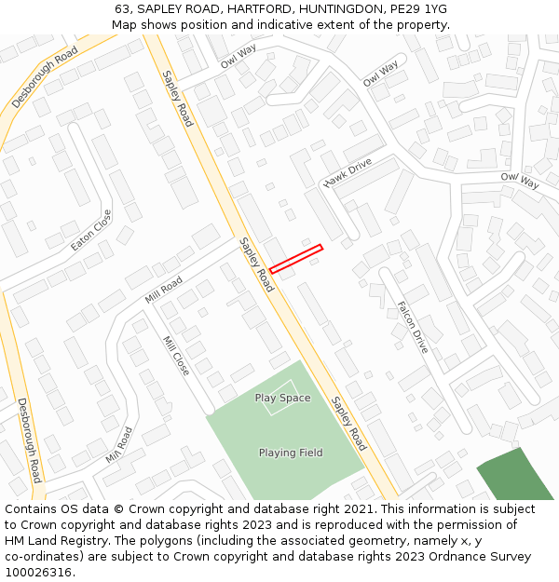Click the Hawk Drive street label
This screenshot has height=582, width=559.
coord(348,171)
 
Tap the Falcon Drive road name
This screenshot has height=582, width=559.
coord(413,327)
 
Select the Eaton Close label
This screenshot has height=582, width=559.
coord(90,230)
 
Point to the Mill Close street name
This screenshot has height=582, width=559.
coord(176,356)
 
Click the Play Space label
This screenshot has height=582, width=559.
coord(282,398)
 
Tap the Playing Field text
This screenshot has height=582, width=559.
coord(291,453)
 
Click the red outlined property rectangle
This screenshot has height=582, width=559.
coord(296,259)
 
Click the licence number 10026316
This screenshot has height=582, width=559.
coord(38,573)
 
